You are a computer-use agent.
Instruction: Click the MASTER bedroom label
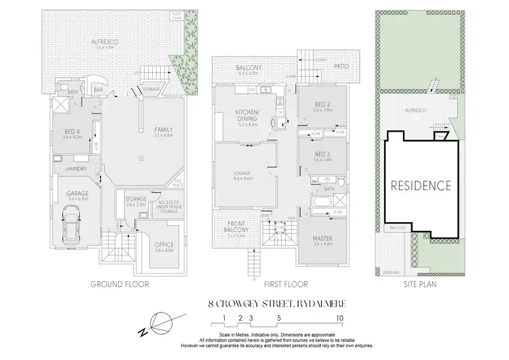click(x=321, y=238)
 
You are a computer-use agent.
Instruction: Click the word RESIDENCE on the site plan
click(x=421, y=185)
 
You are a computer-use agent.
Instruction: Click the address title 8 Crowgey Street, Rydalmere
click(x=271, y=306)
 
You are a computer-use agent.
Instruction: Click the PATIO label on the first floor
click(x=341, y=67)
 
